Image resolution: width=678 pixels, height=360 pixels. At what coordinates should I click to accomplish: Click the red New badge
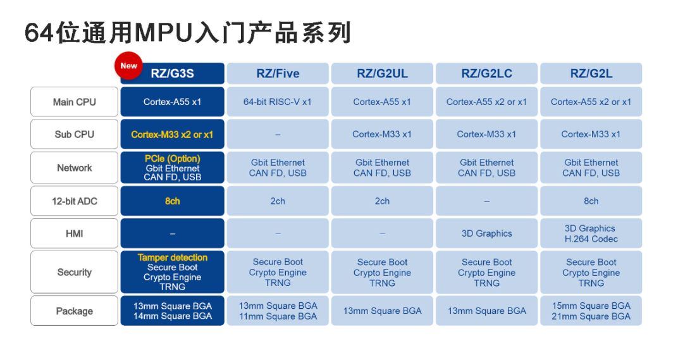pyautogui.click(x=128, y=66)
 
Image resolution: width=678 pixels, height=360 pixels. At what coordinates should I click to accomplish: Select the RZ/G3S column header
pyautogui.click(x=173, y=73)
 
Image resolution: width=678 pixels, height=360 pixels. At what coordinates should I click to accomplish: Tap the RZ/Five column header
pyautogui.click(x=278, y=73)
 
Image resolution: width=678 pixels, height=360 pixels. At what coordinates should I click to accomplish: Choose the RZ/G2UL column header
pyautogui.click(x=382, y=73)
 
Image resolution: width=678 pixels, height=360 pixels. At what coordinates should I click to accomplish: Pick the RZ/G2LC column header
pyautogui.click(x=487, y=73)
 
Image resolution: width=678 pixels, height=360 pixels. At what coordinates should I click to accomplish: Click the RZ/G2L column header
pyautogui.click(x=591, y=73)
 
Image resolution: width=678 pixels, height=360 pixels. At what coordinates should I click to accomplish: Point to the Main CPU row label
pyautogui.click(x=75, y=102)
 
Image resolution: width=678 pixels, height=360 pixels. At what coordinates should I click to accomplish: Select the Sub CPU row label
pyautogui.click(x=75, y=135)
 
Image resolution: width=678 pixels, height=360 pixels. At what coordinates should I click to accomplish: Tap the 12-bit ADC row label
pyautogui.click(x=75, y=201)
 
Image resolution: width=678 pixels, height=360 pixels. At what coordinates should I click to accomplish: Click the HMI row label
pyautogui.click(x=75, y=233)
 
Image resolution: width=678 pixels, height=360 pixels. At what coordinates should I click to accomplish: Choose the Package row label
pyautogui.click(x=75, y=311)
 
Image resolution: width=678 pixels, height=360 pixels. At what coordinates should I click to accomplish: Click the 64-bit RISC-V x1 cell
pyautogui.click(x=278, y=102)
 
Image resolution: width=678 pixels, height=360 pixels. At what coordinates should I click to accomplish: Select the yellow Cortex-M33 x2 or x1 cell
pyautogui.click(x=173, y=135)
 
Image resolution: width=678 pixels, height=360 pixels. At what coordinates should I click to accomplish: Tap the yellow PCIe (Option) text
pyautogui.click(x=173, y=158)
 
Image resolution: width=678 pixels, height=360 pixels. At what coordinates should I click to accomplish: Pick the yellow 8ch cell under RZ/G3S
pyautogui.click(x=173, y=201)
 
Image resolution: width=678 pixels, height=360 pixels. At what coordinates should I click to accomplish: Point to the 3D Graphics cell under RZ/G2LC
pyautogui.click(x=487, y=233)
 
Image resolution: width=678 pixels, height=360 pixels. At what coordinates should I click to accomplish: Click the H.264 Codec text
pyautogui.click(x=591, y=239)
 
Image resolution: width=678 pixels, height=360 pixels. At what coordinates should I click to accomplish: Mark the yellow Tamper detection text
pyautogui.click(x=173, y=258)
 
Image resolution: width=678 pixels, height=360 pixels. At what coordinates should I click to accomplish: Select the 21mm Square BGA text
pyautogui.click(x=591, y=316)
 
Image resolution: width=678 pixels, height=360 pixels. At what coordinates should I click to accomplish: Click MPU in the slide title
pyautogui.click(x=164, y=33)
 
